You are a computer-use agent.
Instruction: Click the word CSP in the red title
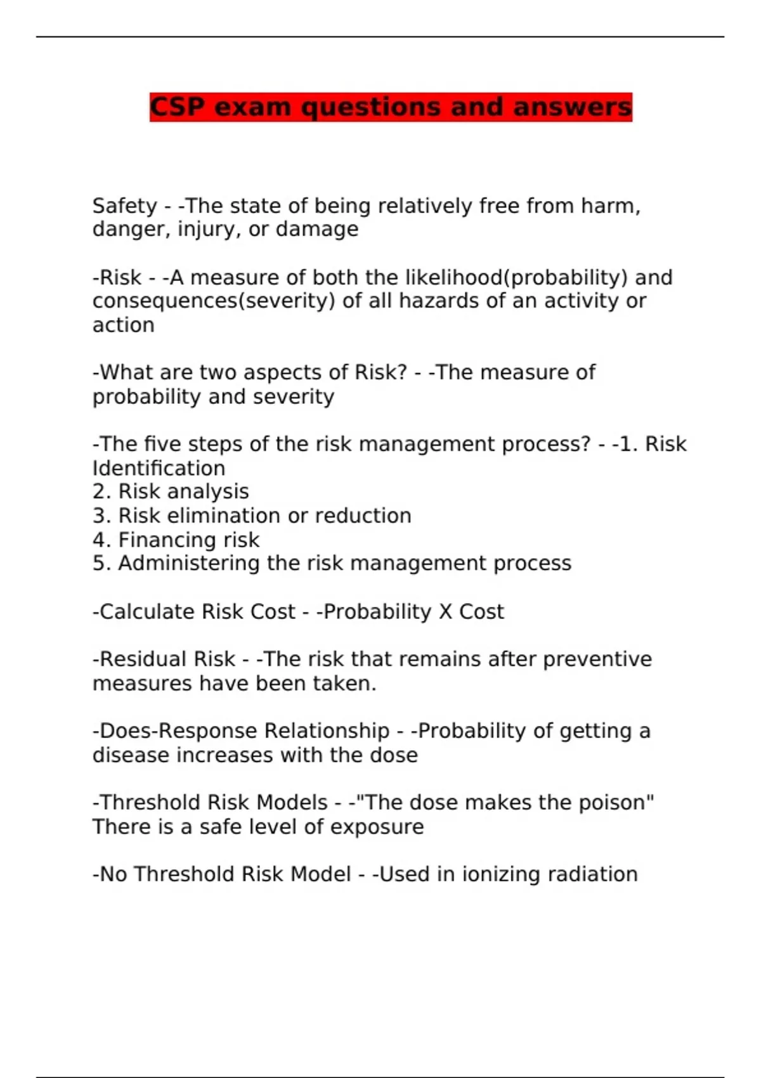[x=178, y=107]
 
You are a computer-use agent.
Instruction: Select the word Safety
[x=124, y=206]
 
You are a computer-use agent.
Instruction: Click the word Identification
[x=159, y=468]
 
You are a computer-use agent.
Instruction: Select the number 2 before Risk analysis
[x=98, y=491]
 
